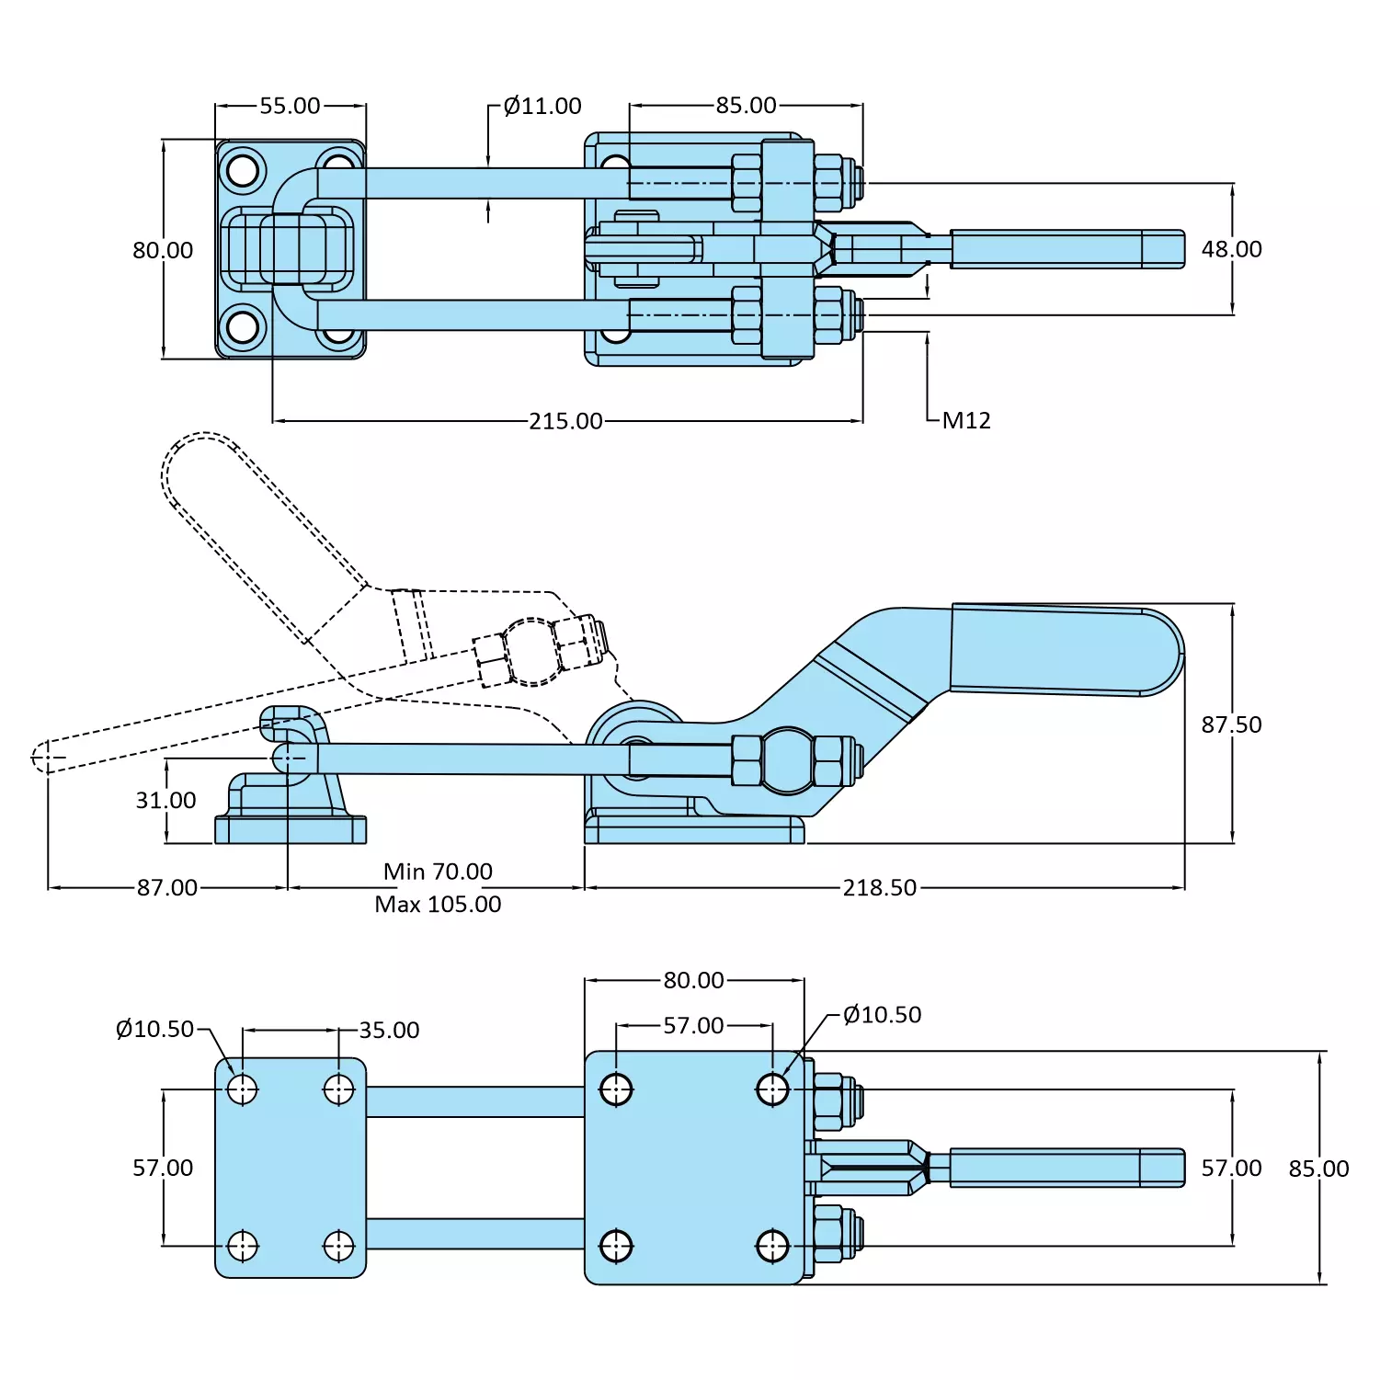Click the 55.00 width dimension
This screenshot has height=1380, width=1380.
click(x=290, y=106)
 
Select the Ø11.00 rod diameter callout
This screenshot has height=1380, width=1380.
click(x=542, y=106)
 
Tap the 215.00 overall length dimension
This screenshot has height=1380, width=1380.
click(x=565, y=421)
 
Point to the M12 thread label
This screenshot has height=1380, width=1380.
click(x=966, y=420)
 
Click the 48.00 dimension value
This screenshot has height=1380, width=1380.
click(x=1231, y=249)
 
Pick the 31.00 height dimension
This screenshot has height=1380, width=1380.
click(x=165, y=800)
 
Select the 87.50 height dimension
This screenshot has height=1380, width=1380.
click(x=1231, y=724)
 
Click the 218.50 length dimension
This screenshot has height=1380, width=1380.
click(x=879, y=887)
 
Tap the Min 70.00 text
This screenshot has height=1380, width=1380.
click(x=438, y=871)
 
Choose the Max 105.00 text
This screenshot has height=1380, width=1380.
click(x=438, y=904)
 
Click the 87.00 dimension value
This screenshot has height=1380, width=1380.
click(x=166, y=887)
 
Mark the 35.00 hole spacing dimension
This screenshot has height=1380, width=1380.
click(x=389, y=1030)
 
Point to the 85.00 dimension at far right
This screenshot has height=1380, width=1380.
click(x=1318, y=1169)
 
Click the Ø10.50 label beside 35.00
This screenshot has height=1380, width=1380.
click(x=154, y=1029)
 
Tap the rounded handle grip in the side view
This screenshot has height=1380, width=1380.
click(x=1066, y=649)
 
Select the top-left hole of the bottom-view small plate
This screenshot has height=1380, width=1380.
click(x=243, y=1089)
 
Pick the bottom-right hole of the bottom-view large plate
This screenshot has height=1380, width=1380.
click(x=772, y=1247)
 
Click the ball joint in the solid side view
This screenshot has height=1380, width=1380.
click(x=788, y=760)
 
